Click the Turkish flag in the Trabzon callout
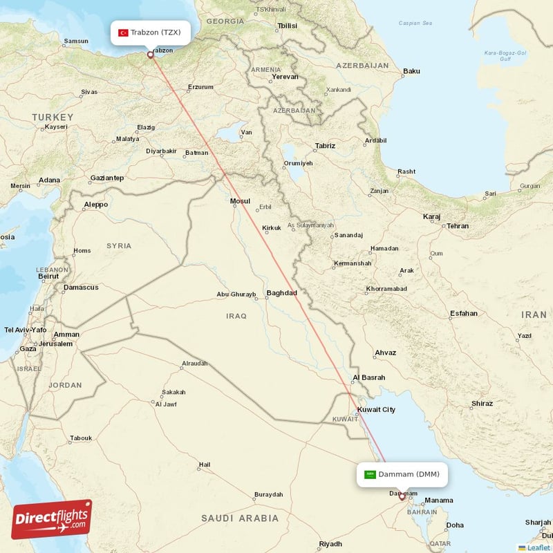click(123, 32)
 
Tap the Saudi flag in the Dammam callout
click(370, 474)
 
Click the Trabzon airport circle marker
click(150, 55)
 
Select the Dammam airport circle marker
click(402, 496)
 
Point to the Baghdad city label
click(281, 293)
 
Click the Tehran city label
click(458, 226)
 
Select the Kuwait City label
click(376, 410)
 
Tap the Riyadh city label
click(331, 544)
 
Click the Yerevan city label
click(285, 77)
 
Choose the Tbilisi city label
click(287, 26)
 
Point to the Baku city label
click(412, 71)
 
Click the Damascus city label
click(81, 288)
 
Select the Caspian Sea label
click(415, 24)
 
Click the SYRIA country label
click(119, 245)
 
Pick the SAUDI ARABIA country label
click(240, 518)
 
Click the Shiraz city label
click(482, 403)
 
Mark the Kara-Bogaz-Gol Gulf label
click(506, 55)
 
